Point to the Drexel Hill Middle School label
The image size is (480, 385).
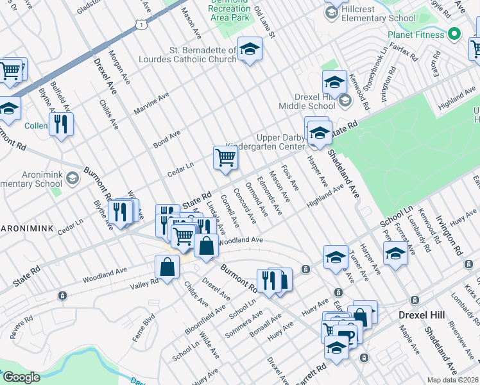coord(306,100)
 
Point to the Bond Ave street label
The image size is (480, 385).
coord(166,137)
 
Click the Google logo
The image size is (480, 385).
coord(22,377)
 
